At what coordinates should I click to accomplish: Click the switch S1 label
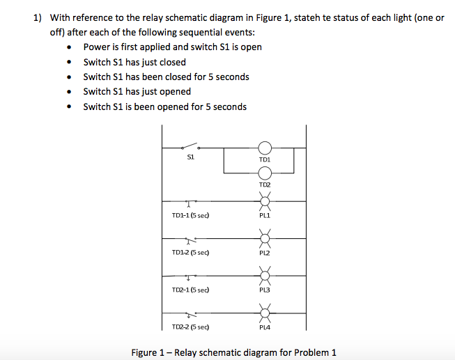pyautogui.click(x=190, y=157)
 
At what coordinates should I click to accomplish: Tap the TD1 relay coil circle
pyautogui.click(x=265, y=148)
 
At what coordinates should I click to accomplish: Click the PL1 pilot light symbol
pyautogui.click(x=265, y=202)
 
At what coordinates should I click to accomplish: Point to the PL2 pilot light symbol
pyautogui.click(x=265, y=239)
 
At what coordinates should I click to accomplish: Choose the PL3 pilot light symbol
pyautogui.click(x=265, y=276)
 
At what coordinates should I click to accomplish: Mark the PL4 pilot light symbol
pyautogui.click(x=265, y=313)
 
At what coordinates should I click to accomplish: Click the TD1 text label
pyautogui.click(x=265, y=159)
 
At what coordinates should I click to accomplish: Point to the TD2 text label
pyautogui.click(x=265, y=185)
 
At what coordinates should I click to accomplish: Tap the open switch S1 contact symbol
pyautogui.click(x=191, y=146)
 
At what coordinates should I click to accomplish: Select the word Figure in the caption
pyautogui.click(x=144, y=352)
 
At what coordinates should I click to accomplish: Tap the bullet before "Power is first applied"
pyautogui.click(x=68, y=47)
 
